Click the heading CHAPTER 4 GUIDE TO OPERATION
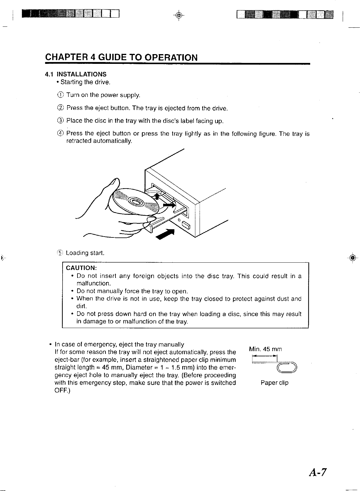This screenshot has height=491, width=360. click(x=121, y=57)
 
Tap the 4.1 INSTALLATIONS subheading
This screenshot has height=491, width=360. click(x=76, y=74)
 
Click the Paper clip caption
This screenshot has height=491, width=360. click(x=274, y=383)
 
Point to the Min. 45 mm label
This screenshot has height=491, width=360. click(x=266, y=349)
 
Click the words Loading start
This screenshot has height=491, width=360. click(x=85, y=253)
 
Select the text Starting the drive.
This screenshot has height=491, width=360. click(x=85, y=82)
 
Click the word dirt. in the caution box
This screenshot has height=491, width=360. click(x=81, y=306)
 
